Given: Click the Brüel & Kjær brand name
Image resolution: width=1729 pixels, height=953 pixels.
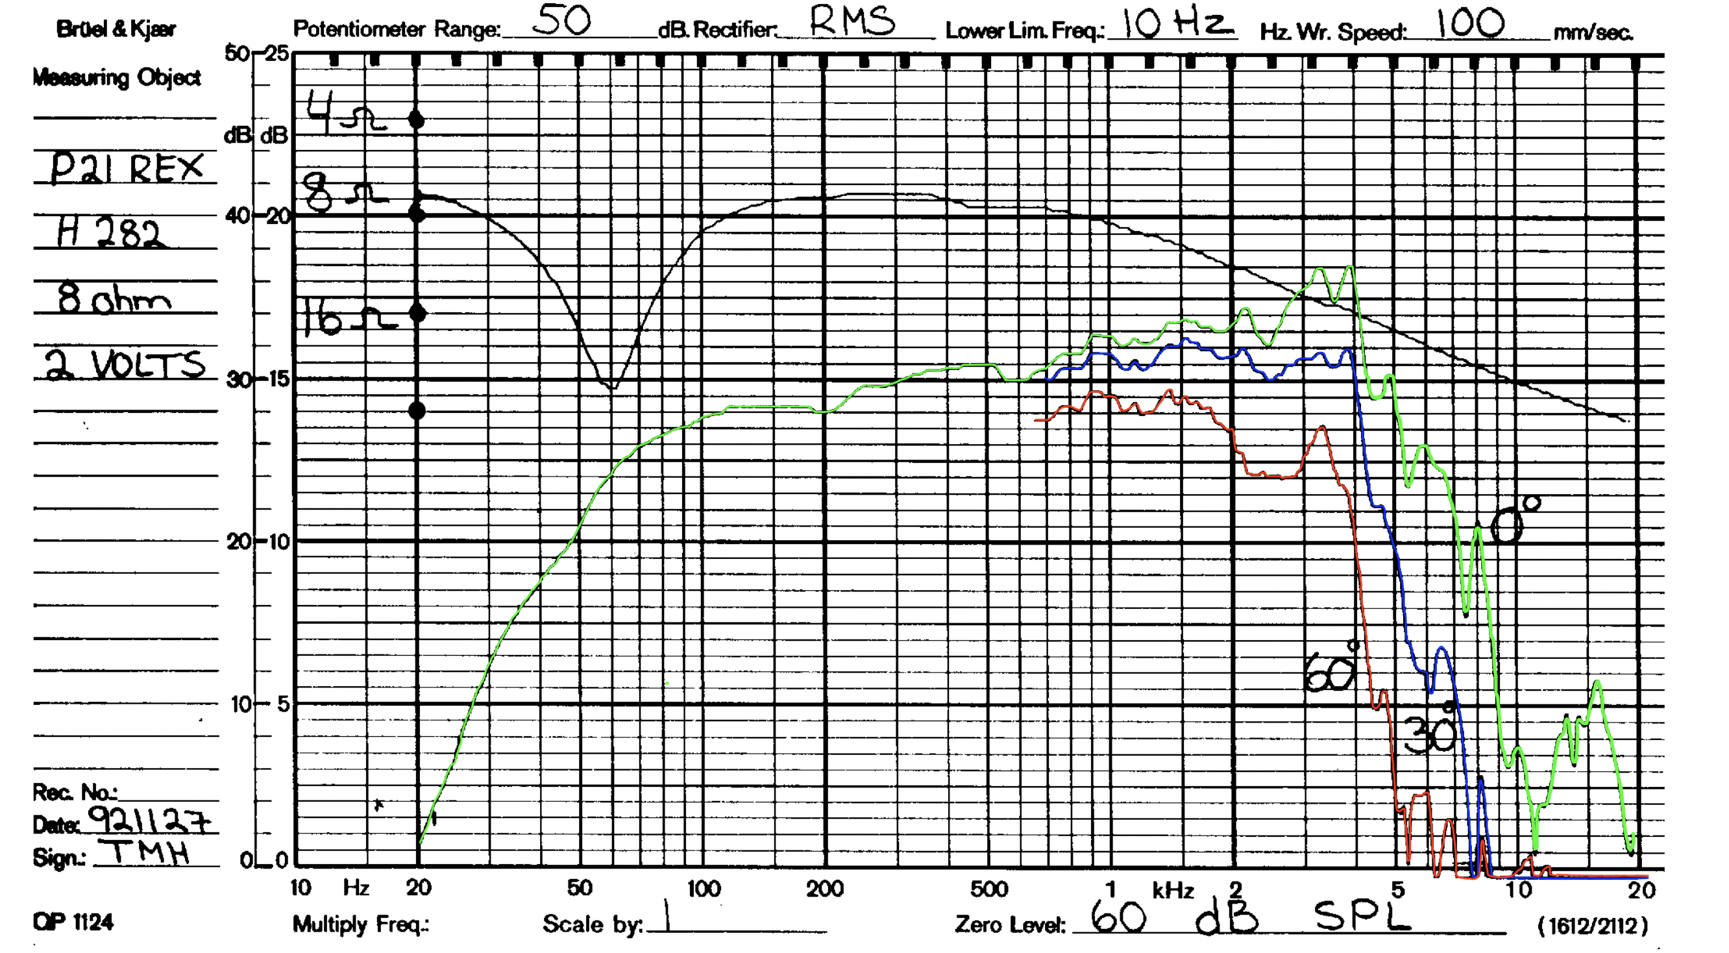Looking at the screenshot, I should (116, 29).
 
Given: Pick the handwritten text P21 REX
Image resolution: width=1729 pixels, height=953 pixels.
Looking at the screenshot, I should (126, 167).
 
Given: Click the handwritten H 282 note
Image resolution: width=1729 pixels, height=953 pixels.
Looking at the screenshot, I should (110, 233).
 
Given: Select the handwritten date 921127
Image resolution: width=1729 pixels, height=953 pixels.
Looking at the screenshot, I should (149, 819).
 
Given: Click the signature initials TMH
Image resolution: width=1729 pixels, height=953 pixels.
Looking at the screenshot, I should (149, 853).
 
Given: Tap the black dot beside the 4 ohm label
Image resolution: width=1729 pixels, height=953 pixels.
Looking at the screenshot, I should (417, 120).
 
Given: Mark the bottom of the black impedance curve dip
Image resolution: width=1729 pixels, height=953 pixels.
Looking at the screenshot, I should (612, 388).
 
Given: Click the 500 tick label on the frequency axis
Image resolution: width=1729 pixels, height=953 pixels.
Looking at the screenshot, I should (988, 889).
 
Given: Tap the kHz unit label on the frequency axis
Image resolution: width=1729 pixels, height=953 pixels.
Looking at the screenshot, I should (1172, 890).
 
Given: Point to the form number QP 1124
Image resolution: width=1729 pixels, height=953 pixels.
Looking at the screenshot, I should (73, 922).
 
